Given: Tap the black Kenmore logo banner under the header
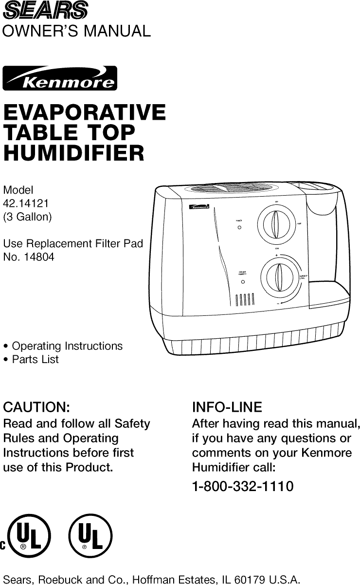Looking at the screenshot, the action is pyautogui.click(x=60, y=78).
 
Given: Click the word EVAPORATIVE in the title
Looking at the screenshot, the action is pyautogui.click(x=84, y=112).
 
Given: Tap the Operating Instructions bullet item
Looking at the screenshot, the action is pyautogui.click(x=67, y=346).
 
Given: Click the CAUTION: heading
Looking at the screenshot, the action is pyautogui.click(x=36, y=407).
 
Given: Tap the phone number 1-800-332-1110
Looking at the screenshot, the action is pyautogui.click(x=243, y=486).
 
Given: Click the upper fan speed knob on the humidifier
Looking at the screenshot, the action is pyautogui.click(x=276, y=224).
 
